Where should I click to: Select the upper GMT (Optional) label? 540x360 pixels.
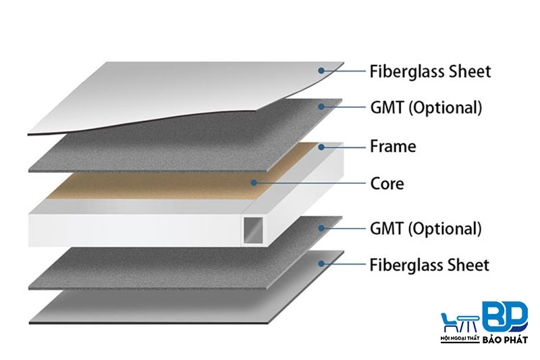425,107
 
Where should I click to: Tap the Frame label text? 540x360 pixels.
393,146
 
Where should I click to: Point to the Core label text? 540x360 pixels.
387,183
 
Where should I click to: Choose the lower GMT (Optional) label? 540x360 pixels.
425,228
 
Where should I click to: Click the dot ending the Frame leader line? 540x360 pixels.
322,146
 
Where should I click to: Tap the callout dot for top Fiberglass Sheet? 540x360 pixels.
322,70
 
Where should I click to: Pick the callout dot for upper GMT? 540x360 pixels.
322,107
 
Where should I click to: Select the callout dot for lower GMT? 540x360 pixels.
322,228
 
